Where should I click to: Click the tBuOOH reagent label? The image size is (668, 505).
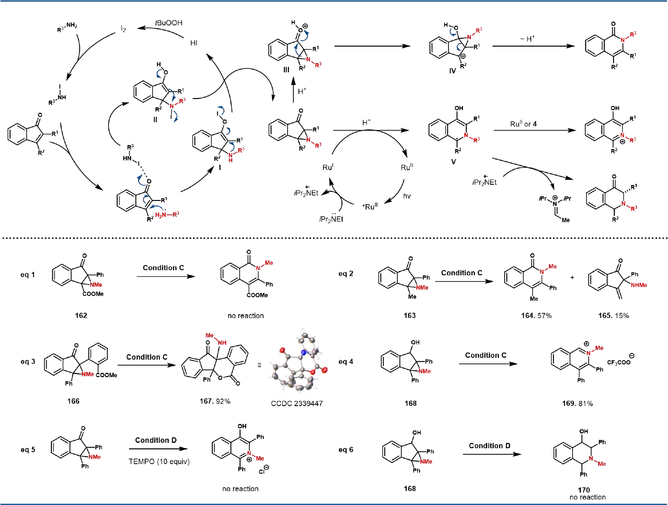[169, 23]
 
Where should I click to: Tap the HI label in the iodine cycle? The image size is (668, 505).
[194, 43]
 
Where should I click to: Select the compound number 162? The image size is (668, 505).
[81, 315]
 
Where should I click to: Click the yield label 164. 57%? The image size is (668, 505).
[536, 315]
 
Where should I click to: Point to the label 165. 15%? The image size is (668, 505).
[614, 315]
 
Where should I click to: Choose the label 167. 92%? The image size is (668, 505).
[215, 401]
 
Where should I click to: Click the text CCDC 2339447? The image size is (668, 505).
[297, 403]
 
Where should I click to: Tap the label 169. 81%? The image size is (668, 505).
[577, 403]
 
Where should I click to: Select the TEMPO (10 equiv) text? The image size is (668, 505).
[159, 461]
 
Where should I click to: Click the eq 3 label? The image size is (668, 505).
[28, 362]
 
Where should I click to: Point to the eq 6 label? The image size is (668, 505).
[346, 450]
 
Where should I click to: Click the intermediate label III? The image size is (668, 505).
[286, 70]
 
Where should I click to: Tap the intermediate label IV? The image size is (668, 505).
[452, 71]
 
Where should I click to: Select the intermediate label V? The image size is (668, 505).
[454, 162]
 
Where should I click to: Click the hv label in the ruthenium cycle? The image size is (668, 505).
[407, 196]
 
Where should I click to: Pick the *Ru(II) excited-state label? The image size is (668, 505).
[370, 206]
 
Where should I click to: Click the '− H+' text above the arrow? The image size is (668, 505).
[527, 39]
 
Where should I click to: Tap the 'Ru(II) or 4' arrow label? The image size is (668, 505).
[523, 124]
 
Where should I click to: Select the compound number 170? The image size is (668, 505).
[584, 490]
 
